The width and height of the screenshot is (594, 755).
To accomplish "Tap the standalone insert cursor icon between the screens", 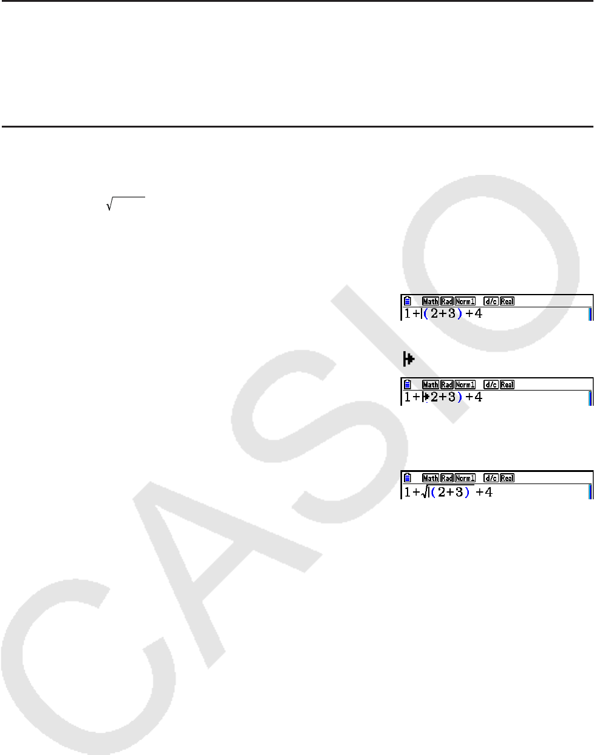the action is (409, 360).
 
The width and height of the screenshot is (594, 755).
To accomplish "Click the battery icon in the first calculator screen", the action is (408, 301).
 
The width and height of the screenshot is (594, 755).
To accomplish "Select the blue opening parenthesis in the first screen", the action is (426, 314).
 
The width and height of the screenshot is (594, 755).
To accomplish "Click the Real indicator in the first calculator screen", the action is (507, 301).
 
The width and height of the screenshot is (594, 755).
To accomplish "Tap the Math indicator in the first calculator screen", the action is (431, 301).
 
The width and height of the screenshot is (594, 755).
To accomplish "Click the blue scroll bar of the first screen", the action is (590, 314).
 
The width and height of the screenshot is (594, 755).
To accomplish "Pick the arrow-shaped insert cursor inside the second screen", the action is (426, 397).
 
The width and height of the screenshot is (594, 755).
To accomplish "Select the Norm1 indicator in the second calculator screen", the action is (465, 384).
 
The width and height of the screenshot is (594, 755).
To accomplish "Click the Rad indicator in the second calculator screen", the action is (447, 384).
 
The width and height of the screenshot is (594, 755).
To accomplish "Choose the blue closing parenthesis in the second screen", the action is (460, 397).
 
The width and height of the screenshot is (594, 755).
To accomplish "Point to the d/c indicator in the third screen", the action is (491, 478).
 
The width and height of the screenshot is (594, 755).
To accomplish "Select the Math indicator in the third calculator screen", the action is (431, 478).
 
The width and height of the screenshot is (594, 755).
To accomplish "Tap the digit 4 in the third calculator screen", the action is (488, 491).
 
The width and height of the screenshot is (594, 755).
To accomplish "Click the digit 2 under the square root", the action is (443, 491).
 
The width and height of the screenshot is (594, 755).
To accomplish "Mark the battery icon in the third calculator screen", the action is (408, 478).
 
